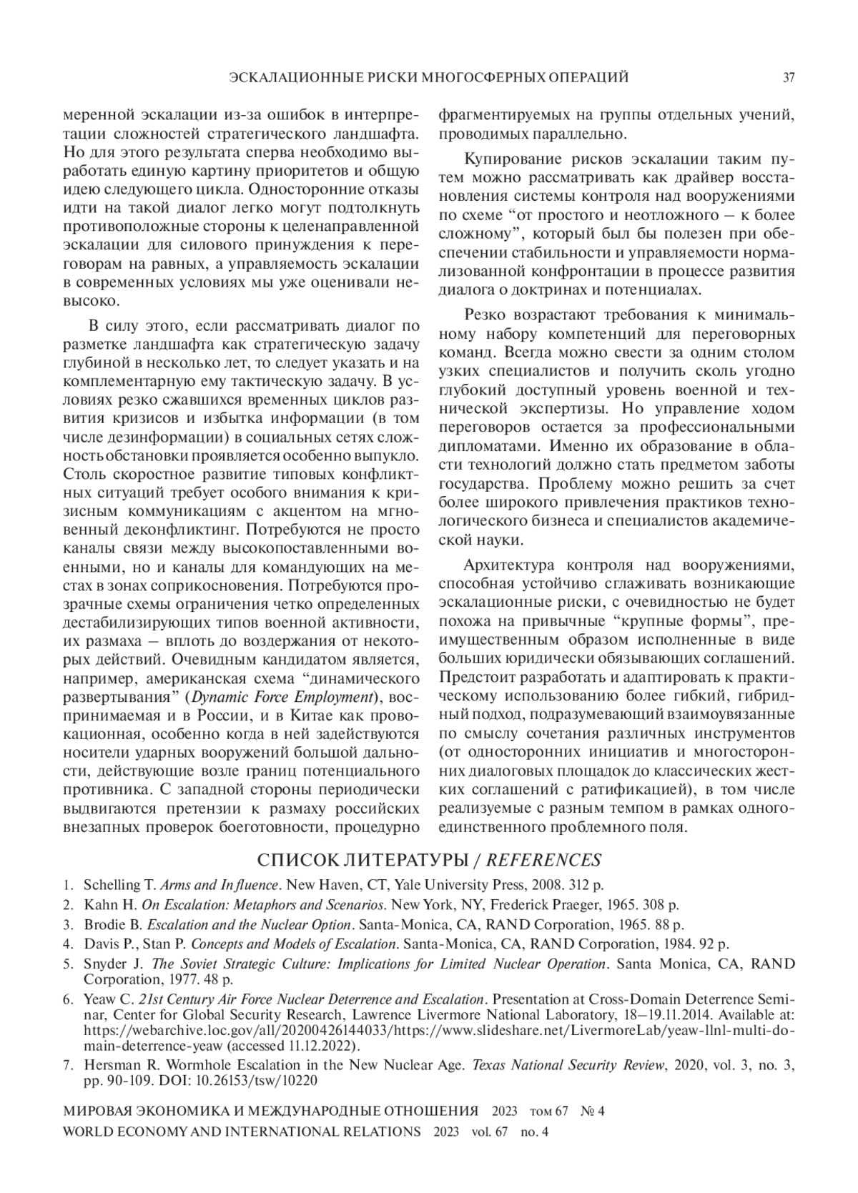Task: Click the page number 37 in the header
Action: point(789,77)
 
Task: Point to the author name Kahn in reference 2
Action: point(99,904)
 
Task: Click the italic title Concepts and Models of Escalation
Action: point(293,944)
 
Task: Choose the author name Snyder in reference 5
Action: point(104,964)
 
